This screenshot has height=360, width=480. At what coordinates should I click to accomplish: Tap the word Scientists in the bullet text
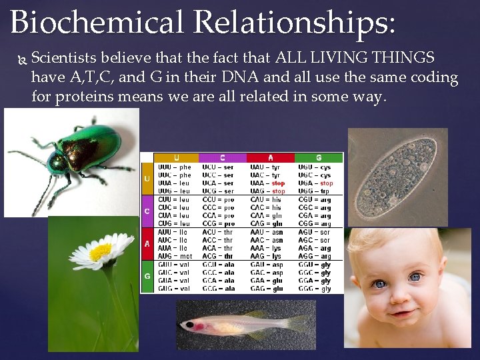[62, 58]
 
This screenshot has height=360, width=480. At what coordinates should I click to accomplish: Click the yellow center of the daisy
[100, 252]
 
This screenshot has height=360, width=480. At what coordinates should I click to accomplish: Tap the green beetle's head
[58, 163]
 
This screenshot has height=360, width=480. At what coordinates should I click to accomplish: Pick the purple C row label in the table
[147, 211]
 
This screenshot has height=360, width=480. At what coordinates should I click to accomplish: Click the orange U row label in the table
[147, 179]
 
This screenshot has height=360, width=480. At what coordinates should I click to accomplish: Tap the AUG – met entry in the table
[175, 256]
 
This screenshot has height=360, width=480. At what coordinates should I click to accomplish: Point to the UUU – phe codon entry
[175, 167]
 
